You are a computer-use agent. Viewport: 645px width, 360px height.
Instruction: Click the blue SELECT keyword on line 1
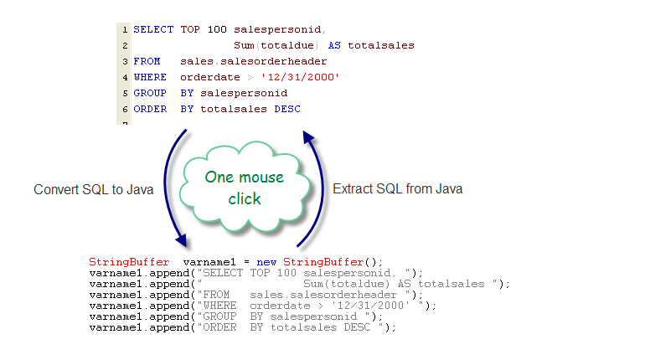pyautogui.click(x=153, y=29)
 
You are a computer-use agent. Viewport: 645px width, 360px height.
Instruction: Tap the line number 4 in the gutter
pyautogui.click(x=125, y=77)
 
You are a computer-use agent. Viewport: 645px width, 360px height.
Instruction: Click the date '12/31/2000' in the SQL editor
pyautogui.click(x=300, y=77)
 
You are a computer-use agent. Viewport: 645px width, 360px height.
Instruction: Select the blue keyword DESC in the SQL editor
pyautogui.click(x=287, y=109)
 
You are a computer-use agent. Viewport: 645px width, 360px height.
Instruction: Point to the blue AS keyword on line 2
pyautogui.click(x=334, y=45)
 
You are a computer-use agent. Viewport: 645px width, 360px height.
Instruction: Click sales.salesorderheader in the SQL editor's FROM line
pyautogui.click(x=253, y=61)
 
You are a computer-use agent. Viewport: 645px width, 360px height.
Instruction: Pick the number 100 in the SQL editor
pyautogui.click(x=217, y=29)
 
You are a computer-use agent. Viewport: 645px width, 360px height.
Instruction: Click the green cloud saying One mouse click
pyautogui.click(x=245, y=188)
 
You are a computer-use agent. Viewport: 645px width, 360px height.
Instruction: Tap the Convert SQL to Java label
pyautogui.click(x=93, y=189)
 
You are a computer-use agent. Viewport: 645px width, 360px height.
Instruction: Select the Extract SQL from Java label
pyautogui.click(x=397, y=189)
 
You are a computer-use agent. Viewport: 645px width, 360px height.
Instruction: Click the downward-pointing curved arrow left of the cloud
pyautogui.click(x=165, y=187)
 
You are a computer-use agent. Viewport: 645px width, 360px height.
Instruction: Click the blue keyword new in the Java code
pyautogui.click(x=266, y=262)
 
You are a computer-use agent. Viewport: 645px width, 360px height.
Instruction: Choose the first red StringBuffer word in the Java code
pyautogui.click(x=129, y=262)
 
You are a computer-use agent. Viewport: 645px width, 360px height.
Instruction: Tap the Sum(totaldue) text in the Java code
pyautogui.click(x=346, y=284)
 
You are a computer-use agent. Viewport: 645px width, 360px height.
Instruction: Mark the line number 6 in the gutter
pyautogui.click(x=125, y=110)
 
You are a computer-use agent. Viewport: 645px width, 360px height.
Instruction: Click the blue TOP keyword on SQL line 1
pyautogui.click(x=190, y=29)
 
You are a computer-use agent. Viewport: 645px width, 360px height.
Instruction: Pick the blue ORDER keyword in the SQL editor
pyautogui.click(x=150, y=109)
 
